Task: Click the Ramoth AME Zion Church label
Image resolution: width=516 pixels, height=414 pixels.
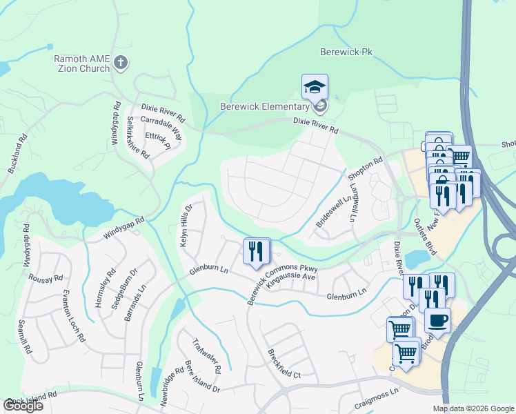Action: [82, 63]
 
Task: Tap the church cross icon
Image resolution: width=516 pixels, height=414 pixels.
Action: [121, 63]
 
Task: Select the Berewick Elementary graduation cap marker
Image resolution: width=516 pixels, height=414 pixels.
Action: [315, 88]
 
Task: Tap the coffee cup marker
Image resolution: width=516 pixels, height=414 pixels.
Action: [437, 320]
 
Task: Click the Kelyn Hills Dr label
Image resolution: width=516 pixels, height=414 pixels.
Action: [184, 221]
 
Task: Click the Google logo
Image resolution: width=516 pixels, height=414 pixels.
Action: [23, 406]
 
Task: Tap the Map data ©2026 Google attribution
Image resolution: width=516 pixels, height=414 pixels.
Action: [473, 408]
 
